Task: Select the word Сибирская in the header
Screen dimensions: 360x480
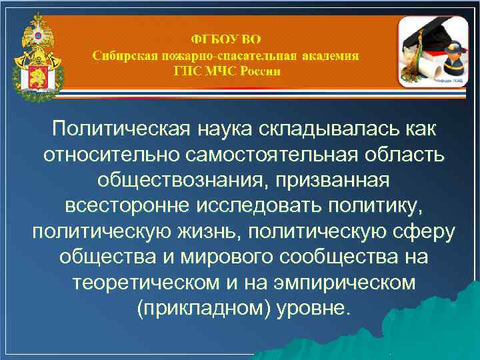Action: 124,55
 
